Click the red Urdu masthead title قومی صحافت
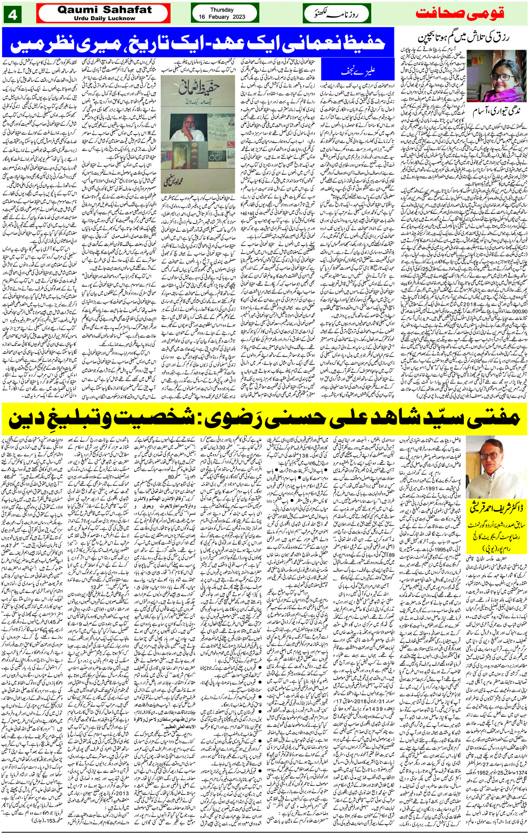point(469,13)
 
